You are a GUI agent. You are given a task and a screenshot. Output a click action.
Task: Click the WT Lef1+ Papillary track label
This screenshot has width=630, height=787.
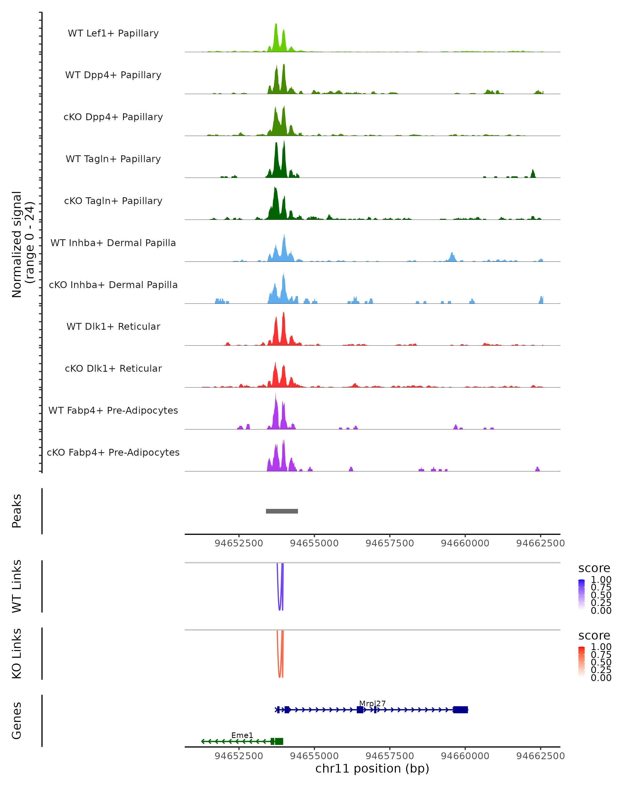click(113, 33)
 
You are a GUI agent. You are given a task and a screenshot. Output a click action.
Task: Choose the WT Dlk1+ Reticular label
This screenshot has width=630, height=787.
click(113, 326)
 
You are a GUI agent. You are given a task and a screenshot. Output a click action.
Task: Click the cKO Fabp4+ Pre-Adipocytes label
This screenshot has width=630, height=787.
click(113, 452)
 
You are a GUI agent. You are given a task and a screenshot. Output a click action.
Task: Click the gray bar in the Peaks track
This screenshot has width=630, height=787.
click(282, 511)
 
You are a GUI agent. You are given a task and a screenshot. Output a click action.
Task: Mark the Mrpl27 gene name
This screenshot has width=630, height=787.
click(372, 703)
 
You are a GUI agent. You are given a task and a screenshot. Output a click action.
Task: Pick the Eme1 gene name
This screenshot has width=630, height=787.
click(242, 735)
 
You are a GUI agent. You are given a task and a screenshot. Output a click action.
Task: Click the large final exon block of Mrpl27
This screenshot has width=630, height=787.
click(460, 710)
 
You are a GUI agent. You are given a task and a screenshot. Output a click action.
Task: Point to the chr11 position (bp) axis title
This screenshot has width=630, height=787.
click(372, 768)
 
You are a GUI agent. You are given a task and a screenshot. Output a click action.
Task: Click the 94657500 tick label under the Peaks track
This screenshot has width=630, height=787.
click(390, 543)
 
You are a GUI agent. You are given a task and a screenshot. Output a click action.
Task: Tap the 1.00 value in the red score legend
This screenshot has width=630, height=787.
click(601, 647)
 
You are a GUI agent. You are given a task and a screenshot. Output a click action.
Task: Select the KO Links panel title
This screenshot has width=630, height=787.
click(17, 653)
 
